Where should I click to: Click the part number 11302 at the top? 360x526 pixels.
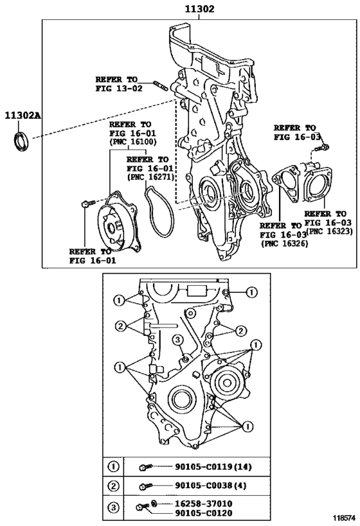coord(199,9)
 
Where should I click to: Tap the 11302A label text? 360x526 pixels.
coord(22,116)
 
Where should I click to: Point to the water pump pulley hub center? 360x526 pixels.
coord(111,228)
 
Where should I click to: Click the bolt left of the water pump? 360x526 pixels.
coord(88,204)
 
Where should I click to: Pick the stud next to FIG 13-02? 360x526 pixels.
coord(160,85)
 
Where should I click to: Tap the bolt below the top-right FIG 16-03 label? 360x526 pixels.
coord(321,148)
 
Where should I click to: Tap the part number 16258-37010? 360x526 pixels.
coord(203,504)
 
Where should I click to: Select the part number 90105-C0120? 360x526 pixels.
coord(203,513)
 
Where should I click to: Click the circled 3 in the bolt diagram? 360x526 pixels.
coord(178,340)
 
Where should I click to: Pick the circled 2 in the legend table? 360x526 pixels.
coord(114,486)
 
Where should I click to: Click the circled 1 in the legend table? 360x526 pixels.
coord(114,466)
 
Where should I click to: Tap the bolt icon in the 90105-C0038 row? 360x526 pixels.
coord(146,486)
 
